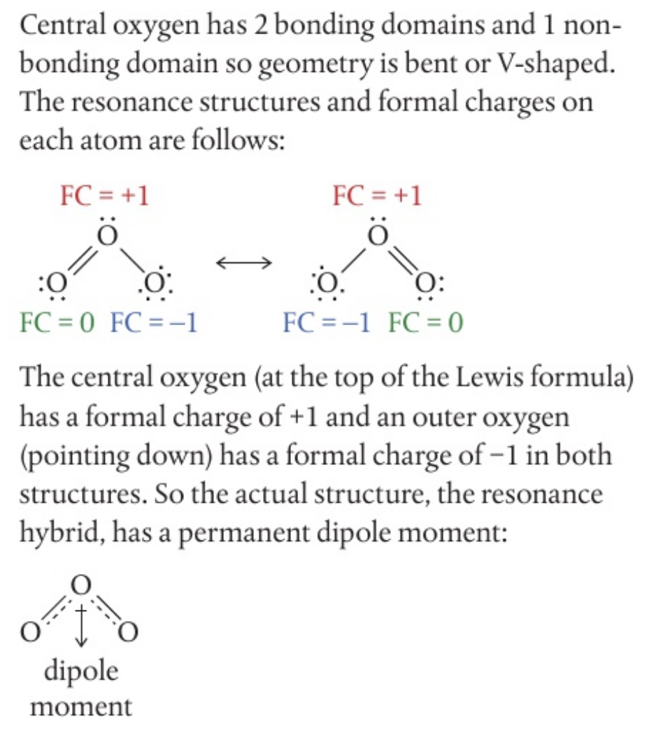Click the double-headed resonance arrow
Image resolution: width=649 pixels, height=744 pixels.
point(243,263)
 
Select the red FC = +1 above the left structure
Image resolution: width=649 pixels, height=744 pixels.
point(106,196)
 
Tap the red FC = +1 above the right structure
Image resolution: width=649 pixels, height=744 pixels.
point(378,196)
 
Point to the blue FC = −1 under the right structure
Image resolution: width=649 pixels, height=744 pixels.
point(327,323)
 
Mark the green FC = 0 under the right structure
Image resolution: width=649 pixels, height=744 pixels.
point(426,323)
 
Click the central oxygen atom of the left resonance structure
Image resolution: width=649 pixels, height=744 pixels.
point(106,235)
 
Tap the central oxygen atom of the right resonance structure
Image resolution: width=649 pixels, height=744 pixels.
point(378,235)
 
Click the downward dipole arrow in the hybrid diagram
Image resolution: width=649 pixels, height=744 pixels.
point(82,624)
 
